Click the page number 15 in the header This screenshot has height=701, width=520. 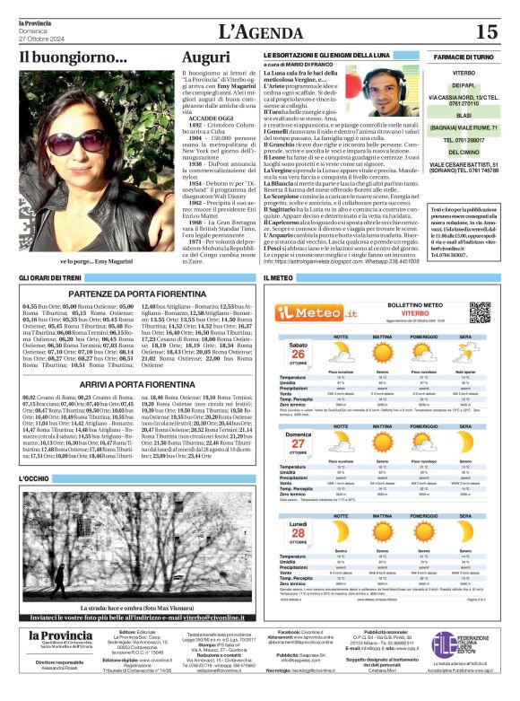pos(486,32)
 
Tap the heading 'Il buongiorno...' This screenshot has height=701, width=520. pos(74,58)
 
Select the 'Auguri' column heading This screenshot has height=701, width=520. pos(205,58)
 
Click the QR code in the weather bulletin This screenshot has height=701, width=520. pos(480,312)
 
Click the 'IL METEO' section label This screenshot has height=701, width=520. pos(278,279)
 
